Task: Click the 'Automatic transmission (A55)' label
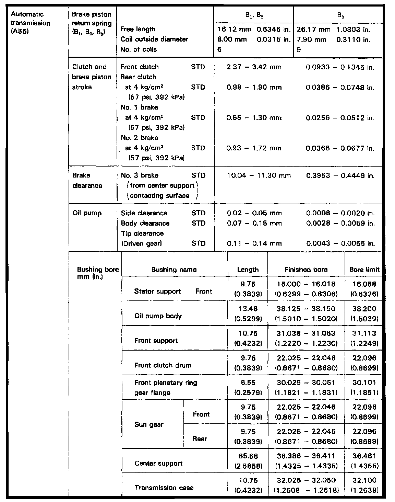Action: [x=31, y=23]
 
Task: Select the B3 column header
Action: [x=338, y=15]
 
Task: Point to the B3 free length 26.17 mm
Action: [x=313, y=30]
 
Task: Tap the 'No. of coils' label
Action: [x=139, y=49]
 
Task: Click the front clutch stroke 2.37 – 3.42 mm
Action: [x=254, y=67]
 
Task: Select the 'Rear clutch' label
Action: [x=139, y=77]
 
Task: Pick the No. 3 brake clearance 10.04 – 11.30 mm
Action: [x=259, y=176]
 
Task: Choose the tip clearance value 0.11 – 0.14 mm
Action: [x=254, y=243]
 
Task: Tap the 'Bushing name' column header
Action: [x=174, y=270]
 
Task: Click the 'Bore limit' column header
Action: [x=364, y=270]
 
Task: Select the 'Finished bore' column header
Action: [x=306, y=270]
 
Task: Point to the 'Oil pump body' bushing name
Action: [x=158, y=316]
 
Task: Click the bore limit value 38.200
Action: [x=364, y=309]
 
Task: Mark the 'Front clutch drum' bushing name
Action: [x=163, y=365]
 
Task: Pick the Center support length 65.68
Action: [x=248, y=456]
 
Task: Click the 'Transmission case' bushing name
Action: [x=164, y=488]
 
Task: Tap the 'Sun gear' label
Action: [x=149, y=424]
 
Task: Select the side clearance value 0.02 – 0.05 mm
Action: [x=254, y=213]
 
